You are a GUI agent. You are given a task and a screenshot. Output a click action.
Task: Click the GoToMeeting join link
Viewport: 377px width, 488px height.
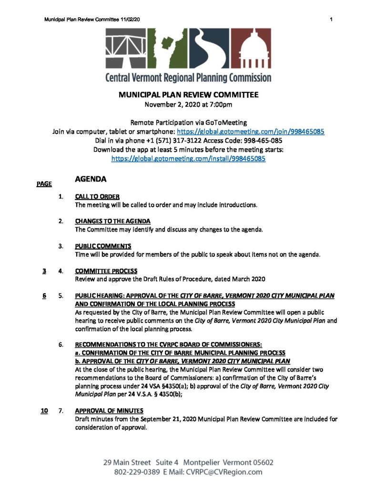251,131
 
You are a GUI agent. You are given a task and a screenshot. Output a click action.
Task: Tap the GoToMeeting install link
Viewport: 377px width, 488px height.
188,159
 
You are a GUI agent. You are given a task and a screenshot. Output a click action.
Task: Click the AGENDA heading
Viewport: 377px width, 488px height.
90,180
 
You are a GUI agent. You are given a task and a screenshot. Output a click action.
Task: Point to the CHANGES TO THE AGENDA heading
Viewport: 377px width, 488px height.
113,221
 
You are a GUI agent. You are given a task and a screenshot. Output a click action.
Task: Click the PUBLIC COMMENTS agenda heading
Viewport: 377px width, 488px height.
103,246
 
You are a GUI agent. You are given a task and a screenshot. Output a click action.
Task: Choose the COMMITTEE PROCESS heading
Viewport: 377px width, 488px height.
106,271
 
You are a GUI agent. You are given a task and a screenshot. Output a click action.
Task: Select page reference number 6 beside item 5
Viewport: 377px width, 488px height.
44,295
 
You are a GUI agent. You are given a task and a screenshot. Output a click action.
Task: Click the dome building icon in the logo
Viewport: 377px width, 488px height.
254,49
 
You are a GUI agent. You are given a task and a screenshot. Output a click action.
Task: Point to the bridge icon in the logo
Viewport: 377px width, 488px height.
125,48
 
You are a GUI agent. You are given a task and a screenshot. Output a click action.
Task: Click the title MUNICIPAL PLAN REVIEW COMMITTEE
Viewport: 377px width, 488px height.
188,95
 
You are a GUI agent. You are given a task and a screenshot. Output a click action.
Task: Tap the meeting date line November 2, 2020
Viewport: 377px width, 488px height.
188,104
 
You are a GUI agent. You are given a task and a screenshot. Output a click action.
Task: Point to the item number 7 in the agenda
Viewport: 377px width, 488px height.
61,411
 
